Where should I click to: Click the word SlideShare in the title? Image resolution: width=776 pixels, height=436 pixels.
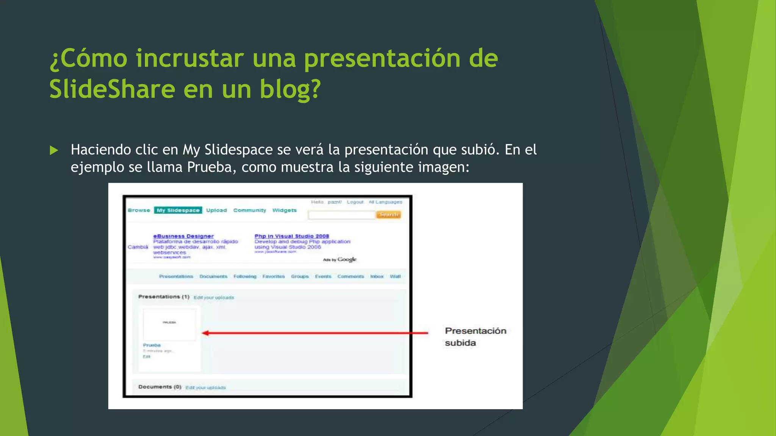[x=112, y=89]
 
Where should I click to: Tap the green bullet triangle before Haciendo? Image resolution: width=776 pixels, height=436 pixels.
[x=54, y=151]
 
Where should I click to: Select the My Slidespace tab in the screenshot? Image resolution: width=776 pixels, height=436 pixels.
[x=178, y=210]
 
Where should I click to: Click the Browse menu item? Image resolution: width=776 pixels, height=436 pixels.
[x=139, y=210]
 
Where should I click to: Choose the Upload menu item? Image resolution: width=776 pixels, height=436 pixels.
[x=216, y=210]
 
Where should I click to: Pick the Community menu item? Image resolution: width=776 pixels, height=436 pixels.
[x=249, y=210]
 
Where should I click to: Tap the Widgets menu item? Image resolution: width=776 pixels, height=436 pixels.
[x=284, y=210]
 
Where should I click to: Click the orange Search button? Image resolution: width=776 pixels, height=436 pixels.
[x=388, y=215]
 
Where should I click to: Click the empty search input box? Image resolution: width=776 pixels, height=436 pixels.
[x=341, y=215]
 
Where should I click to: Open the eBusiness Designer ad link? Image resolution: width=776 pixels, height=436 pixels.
[x=183, y=236]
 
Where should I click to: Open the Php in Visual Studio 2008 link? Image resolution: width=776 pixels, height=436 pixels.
[x=292, y=236]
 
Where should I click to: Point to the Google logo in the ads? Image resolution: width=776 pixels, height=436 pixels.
[x=347, y=259]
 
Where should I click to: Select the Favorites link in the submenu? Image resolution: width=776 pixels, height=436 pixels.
[x=274, y=277]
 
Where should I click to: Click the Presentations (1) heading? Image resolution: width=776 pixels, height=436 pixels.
[x=164, y=297]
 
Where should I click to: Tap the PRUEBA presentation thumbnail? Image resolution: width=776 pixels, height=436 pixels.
[x=169, y=324]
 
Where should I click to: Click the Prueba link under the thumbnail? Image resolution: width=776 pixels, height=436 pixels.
[x=152, y=345]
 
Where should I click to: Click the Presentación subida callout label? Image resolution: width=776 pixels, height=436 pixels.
[x=475, y=336]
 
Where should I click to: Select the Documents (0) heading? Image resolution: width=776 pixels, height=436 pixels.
[x=160, y=387]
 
